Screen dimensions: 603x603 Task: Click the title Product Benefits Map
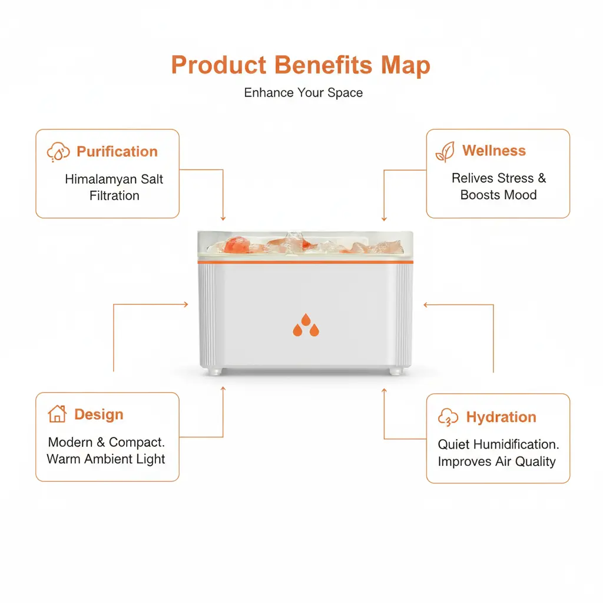301,65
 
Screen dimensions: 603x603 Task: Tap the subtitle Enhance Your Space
303,92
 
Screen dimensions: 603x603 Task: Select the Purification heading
117,151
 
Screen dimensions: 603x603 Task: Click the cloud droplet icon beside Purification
58,152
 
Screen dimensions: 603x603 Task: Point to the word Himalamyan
101,179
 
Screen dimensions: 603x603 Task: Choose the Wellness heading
494,150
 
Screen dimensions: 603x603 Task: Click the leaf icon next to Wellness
445,151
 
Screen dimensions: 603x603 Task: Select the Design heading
99,414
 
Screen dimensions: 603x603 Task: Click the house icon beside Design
57,414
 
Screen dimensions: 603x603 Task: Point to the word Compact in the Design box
137,442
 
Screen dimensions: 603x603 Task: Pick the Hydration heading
501,417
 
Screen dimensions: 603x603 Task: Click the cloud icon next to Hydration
448,418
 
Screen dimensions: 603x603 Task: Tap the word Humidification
516,444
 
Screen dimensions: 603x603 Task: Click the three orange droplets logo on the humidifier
306,325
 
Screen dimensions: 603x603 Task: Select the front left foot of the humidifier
214,371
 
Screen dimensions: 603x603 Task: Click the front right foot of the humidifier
396,371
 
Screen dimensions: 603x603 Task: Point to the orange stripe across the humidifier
306,262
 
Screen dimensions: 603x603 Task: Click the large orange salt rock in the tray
236,244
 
